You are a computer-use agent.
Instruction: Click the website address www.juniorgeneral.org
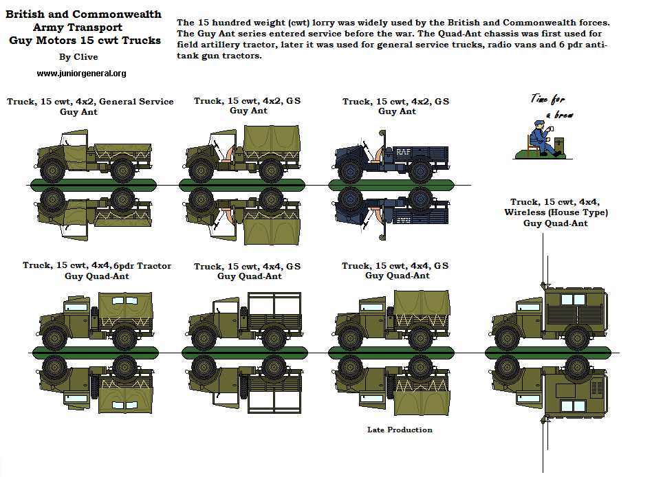pos(81,73)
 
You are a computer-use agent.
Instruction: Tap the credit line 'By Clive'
pos(78,57)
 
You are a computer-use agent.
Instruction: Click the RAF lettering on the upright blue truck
pos(402,151)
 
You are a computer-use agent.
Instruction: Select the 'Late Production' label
pos(400,430)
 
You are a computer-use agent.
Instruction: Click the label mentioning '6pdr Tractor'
pos(97,265)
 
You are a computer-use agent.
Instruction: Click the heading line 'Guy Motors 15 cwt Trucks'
pos(85,41)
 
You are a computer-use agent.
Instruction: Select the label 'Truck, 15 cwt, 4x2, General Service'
pos(90,102)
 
